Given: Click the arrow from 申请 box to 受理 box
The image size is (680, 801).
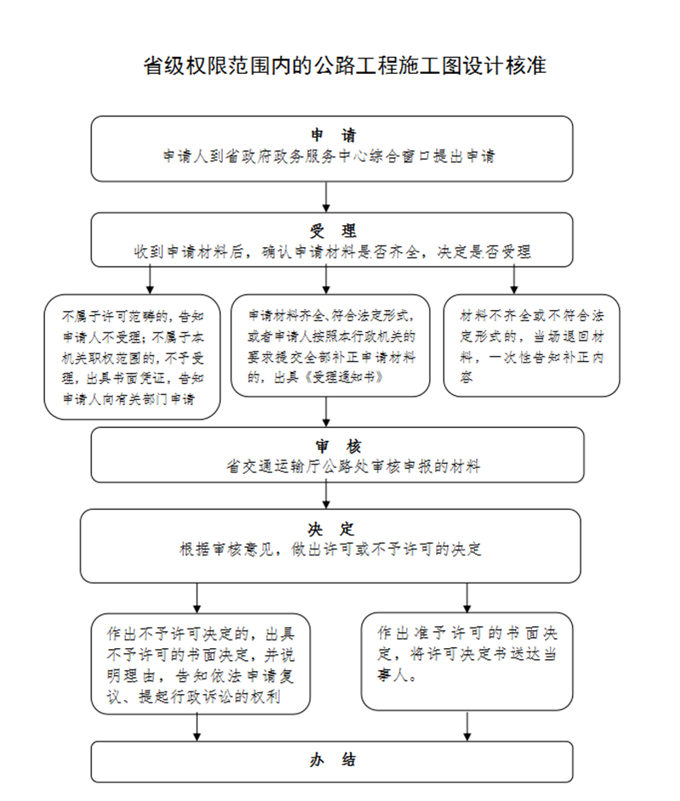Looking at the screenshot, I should pyautogui.click(x=326, y=196).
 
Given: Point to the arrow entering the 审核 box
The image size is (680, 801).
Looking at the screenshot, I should pyautogui.click(x=326, y=411).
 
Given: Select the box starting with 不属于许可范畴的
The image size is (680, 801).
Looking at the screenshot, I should pyautogui.click(x=133, y=357).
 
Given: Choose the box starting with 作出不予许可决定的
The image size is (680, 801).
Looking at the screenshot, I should pyautogui.click(x=201, y=664).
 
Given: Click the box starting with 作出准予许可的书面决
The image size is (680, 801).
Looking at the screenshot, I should pyautogui.click(x=467, y=661).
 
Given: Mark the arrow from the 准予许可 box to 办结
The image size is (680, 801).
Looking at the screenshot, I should pyautogui.click(x=467, y=725).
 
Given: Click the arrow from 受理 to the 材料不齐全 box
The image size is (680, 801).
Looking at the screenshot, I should pyautogui.click(x=513, y=279).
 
